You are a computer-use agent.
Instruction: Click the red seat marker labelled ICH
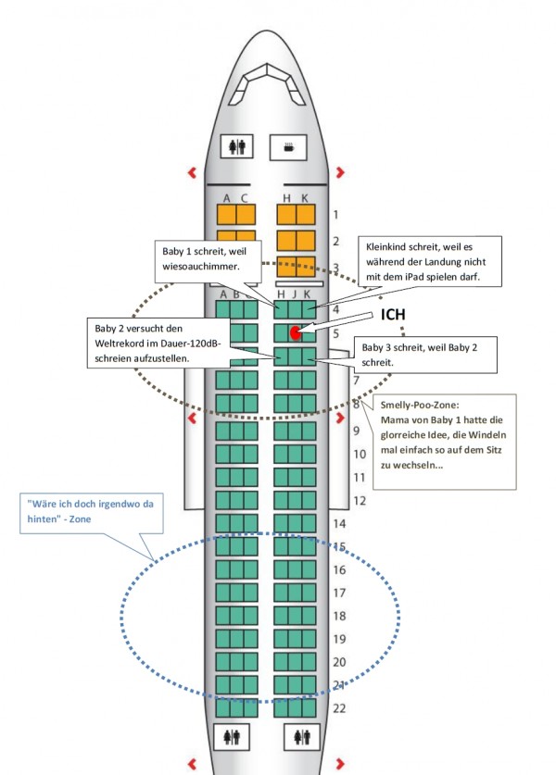click(x=296, y=333)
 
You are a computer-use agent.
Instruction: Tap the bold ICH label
click(x=393, y=314)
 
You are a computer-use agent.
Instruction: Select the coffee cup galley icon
click(x=288, y=147)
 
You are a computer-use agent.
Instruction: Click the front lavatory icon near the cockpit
click(x=237, y=146)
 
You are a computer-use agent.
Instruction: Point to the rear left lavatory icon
click(x=232, y=737)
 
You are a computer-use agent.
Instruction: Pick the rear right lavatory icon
click(x=302, y=737)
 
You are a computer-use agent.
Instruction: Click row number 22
click(x=339, y=708)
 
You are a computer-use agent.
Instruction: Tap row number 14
click(x=339, y=523)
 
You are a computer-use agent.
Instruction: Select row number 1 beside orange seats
click(x=335, y=215)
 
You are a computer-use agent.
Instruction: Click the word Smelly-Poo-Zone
click(x=420, y=406)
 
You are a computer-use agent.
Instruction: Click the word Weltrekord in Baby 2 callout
click(x=121, y=344)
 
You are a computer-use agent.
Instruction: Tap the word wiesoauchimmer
click(x=201, y=267)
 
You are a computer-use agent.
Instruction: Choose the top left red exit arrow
click(x=192, y=172)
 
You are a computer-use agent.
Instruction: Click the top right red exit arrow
click(x=340, y=172)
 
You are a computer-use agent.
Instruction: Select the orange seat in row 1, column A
click(x=226, y=215)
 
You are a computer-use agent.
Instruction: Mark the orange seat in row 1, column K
click(x=306, y=215)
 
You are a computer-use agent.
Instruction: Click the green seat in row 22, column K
click(x=309, y=707)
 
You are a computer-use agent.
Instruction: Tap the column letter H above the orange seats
click(x=286, y=198)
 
